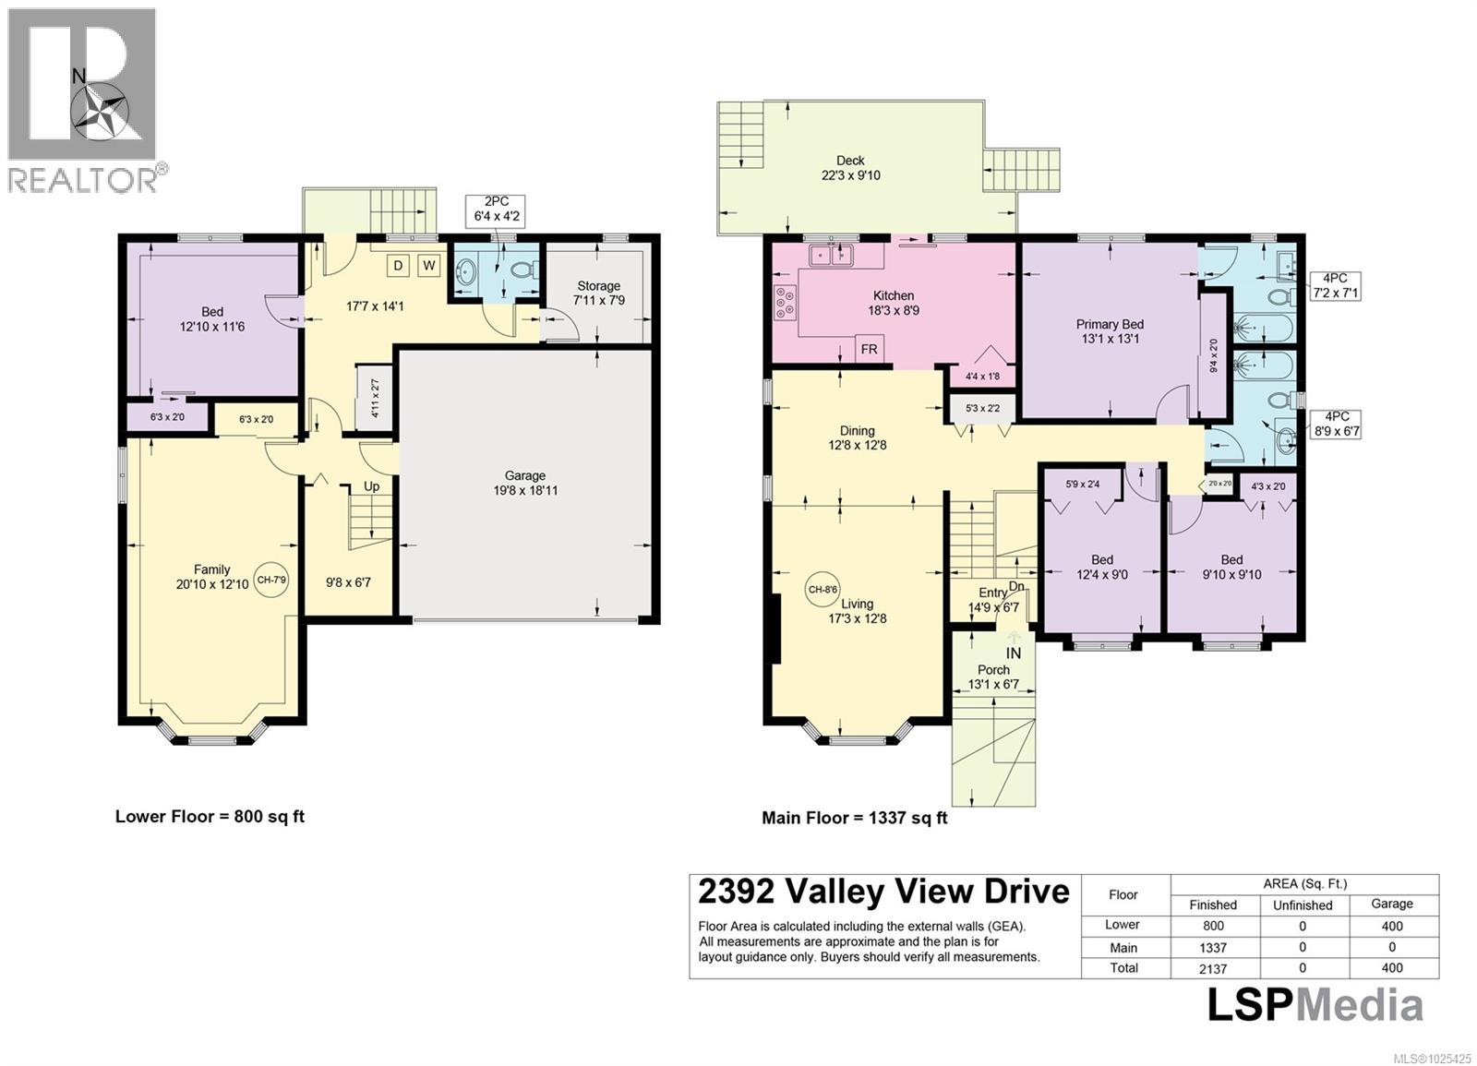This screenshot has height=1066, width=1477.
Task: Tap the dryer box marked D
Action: (x=398, y=266)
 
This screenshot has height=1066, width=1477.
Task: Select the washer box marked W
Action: (x=429, y=266)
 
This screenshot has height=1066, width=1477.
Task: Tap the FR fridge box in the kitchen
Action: (x=870, y=350)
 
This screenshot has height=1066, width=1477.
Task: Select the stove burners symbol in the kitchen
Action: (x=785, y=303)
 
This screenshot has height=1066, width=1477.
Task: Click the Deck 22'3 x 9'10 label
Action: (x=850, y=168)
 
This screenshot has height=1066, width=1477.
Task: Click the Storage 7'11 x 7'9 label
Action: (x=598, y=293)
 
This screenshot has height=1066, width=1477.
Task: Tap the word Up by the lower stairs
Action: (x=371, y=486)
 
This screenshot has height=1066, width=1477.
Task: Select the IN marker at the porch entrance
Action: (x=1013, y=653)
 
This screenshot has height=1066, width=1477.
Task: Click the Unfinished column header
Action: (x=1302, y=905)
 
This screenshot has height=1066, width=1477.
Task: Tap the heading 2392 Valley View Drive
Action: (x=883, y=892)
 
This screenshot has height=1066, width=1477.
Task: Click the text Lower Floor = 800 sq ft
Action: (x=210, y=817)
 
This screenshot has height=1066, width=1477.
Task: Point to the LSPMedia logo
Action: (x=1315, y=1005)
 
